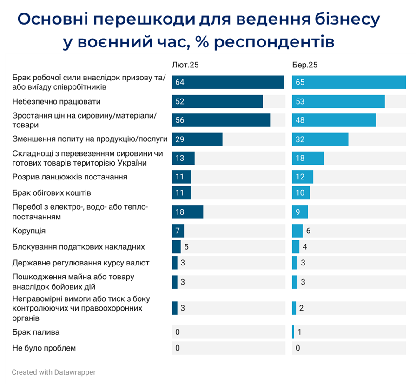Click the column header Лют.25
point(185,65)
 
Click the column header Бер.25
point(305,65)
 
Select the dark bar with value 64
point(228,82)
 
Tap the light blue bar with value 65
point(349,82)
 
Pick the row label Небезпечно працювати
point(57,101)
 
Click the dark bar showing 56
point(221,120)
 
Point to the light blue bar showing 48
point(334,120)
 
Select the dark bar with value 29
point(197,139)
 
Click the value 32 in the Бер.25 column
point(300,139)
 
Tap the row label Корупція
point(29,231)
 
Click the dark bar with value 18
point(187,212)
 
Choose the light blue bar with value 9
point(300,212)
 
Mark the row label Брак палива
point(36,332)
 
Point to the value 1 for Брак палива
point(300,332)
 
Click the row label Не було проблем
point(44,348)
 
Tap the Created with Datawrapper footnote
point(53,372)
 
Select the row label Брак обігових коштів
point(51,193)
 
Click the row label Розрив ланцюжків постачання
point(70,177)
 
